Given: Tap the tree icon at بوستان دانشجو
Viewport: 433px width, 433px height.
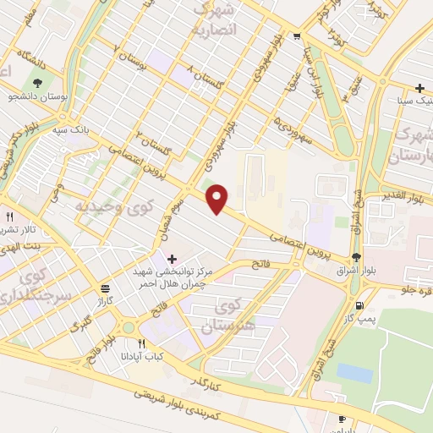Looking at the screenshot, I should (38, 83).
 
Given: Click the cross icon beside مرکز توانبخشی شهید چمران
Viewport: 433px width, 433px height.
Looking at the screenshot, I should (173, 258).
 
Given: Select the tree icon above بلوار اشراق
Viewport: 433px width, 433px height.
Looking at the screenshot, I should (356, 258).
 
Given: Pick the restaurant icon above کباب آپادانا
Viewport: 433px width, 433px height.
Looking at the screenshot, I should (142, 343).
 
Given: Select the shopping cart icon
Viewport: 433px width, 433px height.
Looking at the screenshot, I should (296, 36).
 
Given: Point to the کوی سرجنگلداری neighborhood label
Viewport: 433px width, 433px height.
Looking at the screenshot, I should (25, 287).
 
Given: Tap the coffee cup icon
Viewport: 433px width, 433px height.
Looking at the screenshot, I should (342, 419).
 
